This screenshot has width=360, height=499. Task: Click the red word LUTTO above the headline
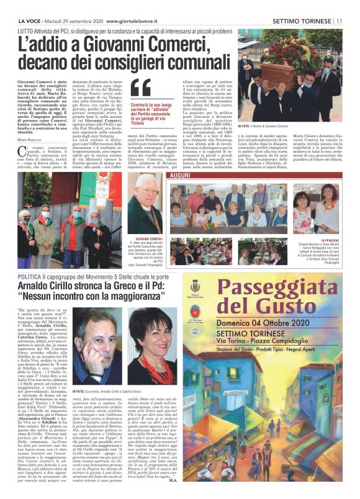pyautogui.click(x=26, y=29)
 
